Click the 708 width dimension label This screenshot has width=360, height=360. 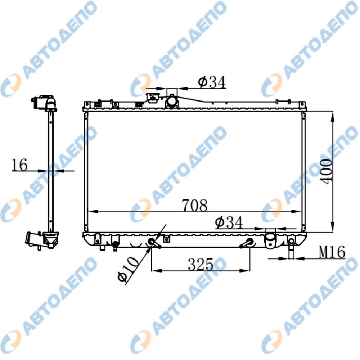195,205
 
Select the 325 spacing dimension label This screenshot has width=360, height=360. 201,264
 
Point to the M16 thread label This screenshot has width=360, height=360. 332,252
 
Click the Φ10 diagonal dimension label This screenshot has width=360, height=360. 128,269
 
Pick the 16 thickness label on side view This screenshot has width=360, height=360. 19,165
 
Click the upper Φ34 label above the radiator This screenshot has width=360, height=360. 212,82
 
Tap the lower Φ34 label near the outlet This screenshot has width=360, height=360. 229,222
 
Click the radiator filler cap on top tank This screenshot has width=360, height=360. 152,98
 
